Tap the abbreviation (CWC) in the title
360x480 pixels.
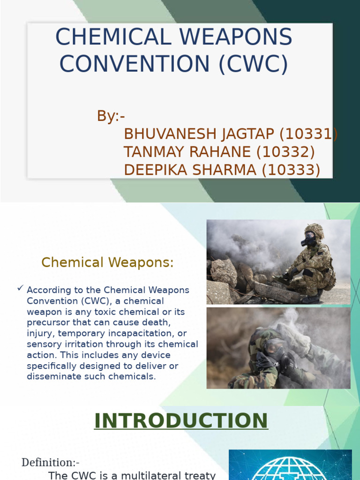tap(253, 64)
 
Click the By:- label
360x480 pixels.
tap(111, 116)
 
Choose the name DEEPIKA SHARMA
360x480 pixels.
tap(190, 170)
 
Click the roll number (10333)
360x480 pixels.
tap(291, 170)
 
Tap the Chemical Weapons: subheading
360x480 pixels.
tap(107, 262)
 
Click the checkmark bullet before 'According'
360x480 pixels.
tap(20, 289)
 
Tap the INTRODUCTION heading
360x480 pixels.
tap(181, 420)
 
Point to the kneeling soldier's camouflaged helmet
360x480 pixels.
tap(314, 230)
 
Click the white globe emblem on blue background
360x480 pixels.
tap(291, 466)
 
